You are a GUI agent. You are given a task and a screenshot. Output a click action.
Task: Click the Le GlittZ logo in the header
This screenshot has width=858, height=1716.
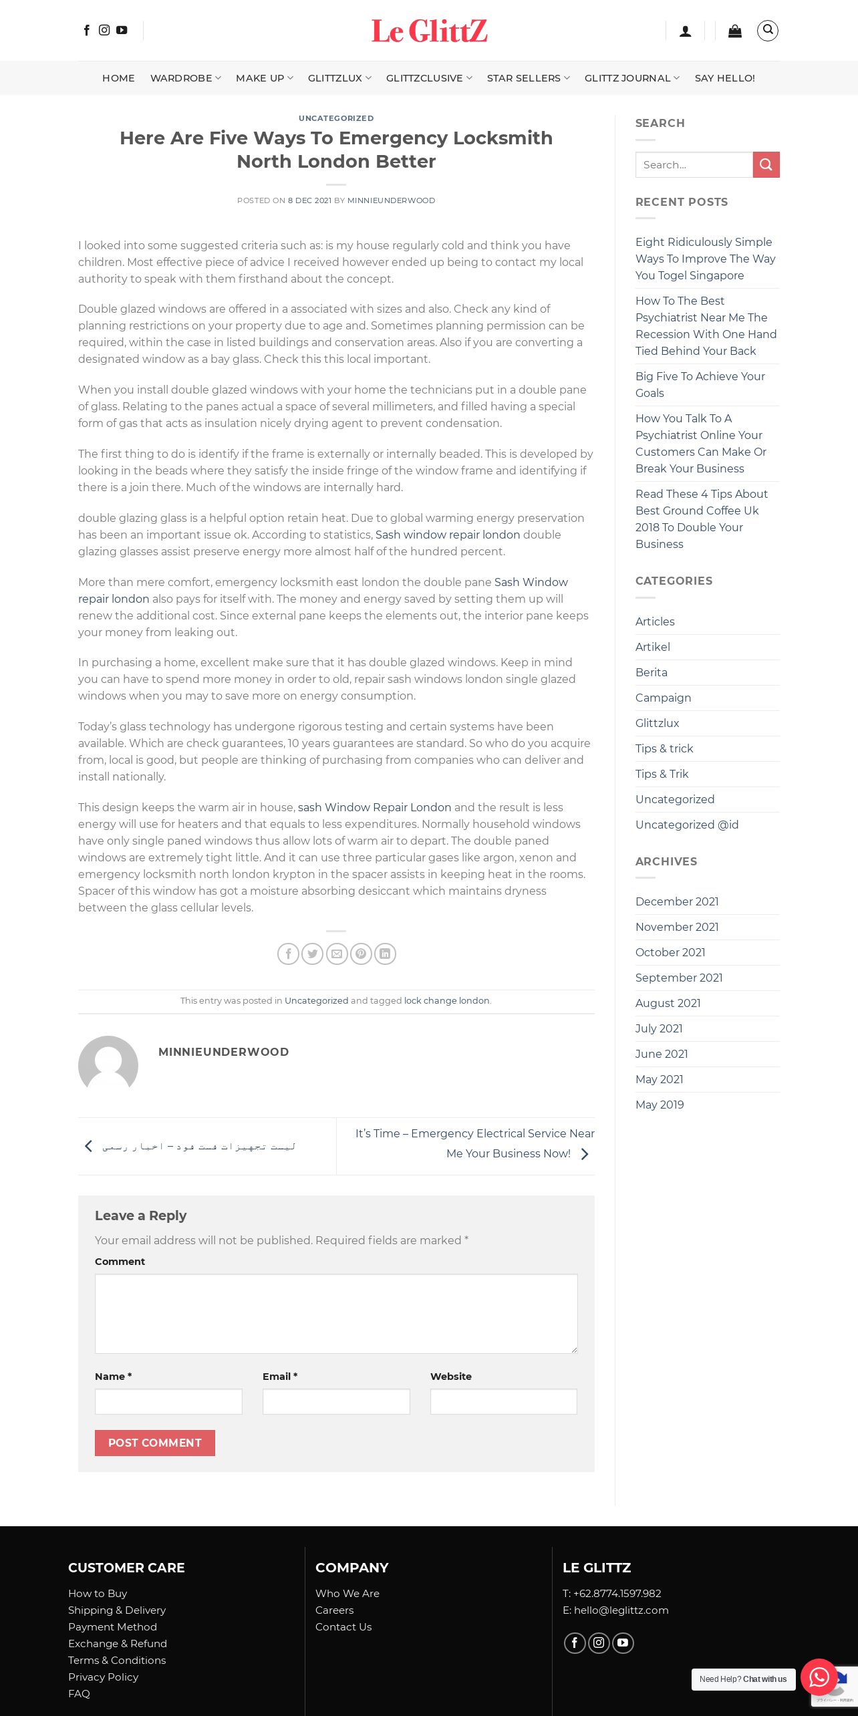(x=429, y=31)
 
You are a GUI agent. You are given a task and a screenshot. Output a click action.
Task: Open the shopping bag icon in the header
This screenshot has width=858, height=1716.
(x=734, y=31)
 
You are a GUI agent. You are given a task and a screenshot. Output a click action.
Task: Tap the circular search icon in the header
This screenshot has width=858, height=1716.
(x=767, y=30)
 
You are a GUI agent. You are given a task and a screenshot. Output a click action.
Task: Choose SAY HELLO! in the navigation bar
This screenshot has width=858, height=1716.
(x=724, y=78)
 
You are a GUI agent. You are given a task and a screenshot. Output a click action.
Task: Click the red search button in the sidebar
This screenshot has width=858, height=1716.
(x=766, y=164)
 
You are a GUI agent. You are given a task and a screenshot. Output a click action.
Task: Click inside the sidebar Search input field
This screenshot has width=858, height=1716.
(x=694, y=164)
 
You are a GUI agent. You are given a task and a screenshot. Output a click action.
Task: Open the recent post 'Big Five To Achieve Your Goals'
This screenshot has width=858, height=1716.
(x=700, y=384)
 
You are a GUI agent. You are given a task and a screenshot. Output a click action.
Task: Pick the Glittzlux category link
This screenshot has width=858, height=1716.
(x=657, y=723)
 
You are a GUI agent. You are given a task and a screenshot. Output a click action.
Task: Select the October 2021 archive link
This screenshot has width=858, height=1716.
(x=670, y=952)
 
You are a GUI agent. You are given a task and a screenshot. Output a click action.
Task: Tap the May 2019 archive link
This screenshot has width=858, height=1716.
(x=660, y=1105)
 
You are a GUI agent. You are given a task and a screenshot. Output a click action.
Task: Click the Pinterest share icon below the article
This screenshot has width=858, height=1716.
(x=361, y=954)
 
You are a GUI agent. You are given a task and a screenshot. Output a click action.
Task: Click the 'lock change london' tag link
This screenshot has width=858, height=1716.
(x=446, y=1000)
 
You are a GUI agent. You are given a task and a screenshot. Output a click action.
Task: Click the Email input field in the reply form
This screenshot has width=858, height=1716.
(x=336, y=1401)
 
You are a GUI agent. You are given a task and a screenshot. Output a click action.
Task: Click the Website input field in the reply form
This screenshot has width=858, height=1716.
(x=503, y=1401)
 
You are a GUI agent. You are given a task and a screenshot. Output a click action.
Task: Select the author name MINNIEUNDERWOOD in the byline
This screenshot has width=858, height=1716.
(x=391, y=200)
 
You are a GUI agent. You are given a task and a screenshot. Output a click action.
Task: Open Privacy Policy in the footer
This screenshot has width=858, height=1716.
(x=103, y=1677)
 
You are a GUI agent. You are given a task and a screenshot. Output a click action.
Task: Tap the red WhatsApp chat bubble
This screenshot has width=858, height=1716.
(x=819, y=1677)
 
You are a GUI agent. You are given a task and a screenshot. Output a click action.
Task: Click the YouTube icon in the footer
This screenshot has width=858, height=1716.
(x=623, y=1642)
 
